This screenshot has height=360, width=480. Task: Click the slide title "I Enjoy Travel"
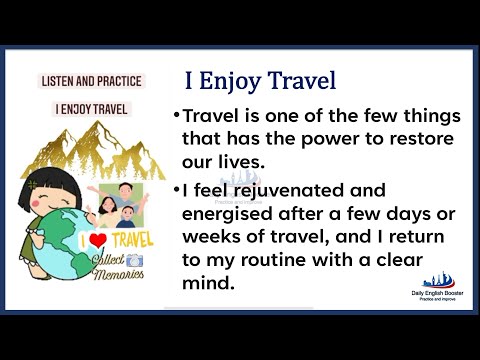(x=259, y=80)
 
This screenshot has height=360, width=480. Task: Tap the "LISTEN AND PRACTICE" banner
(x=90, y=81)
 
